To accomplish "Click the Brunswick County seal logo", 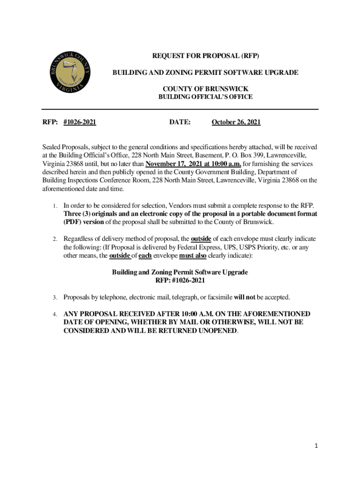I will (x=70, y=71).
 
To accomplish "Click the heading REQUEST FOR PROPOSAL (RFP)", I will (x=205, y=56).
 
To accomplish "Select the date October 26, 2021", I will (x=236, y=123).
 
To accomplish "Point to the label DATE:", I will (x=180, y=123).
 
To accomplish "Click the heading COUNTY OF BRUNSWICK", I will (x=205, y=88).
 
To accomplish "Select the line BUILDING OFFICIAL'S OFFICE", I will (x=205, y=97).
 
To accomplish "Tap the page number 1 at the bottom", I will (x=316, y=446).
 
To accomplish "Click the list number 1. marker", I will (x=55, y=206).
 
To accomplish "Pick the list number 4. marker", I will (x=55, y=314).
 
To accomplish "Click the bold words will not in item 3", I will (x=245, y=297).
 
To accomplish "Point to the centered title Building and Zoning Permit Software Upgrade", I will (x=180, y=272).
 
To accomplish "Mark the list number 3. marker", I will (x=55, y=298).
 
